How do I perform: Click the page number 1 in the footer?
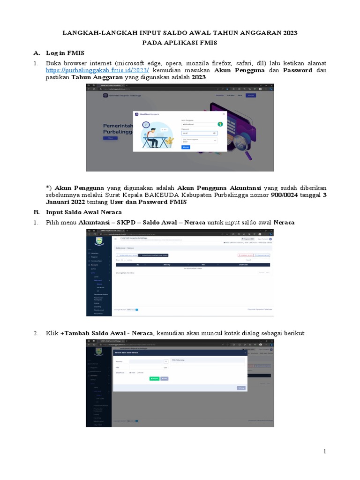coord(323,451)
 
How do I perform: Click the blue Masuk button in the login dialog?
coord(186,147)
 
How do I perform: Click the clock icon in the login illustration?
coord(146,125)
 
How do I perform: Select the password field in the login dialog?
coord(199,133)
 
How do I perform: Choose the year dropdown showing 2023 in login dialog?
coord(199,140)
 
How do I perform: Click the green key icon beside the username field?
coord(219,124)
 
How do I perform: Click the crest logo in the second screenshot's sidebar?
coord(98,242)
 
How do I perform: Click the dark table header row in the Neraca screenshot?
coord(193,265)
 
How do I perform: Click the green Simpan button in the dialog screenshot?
coord(154,378)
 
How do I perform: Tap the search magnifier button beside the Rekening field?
coord(165,361)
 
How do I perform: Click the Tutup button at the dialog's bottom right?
coord(241,388)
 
